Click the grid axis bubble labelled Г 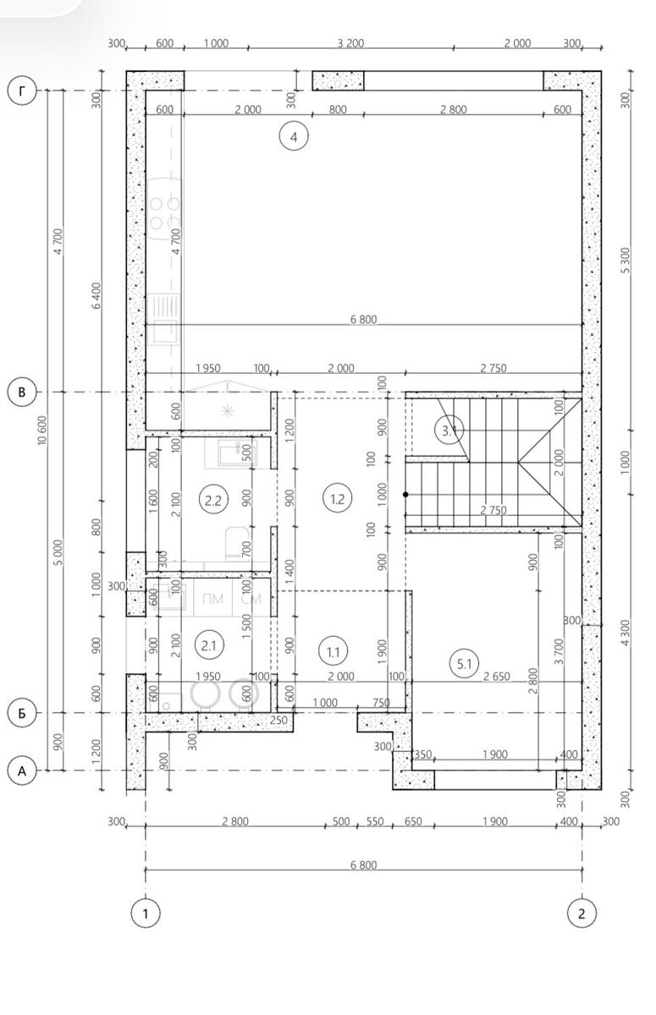coord(22,91)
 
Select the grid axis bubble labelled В coord(22,392)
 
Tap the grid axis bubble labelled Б coord(22,713)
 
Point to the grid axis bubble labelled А coord(22,771)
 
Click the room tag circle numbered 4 coord(294,136)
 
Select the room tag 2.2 coord(213,501)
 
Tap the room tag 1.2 coord(337,499)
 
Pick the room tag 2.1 coord(208,645)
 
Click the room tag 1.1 coord(334,652)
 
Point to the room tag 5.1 coord(464,664)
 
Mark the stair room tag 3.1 coord(449,431)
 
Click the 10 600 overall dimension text coord(42,431)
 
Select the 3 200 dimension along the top coord(351,43)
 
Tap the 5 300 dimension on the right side coord(626,261)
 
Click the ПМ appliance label coord(212,599)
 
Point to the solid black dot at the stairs coord(405,495)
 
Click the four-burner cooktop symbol coord(164,214)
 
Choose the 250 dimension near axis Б coord(278,720)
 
